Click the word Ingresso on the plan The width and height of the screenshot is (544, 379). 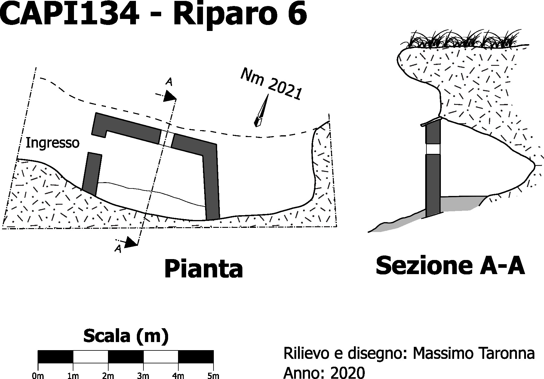point(52,143)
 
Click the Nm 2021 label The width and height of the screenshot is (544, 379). point(272,84)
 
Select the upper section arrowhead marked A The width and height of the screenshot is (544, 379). point(170,96)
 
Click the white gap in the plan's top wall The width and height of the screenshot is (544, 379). point(166,139)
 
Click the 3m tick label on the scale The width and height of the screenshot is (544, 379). point(143,376)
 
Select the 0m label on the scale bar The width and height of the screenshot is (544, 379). point(38,376)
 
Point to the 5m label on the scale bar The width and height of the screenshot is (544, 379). point(213,376)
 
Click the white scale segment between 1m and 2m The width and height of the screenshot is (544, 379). point(91,357)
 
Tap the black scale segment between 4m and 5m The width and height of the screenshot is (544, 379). point(196,357)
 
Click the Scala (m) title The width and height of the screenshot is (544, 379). point(126,336)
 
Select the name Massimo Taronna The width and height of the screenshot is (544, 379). point(474,353)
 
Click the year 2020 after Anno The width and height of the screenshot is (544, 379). point(348,373)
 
